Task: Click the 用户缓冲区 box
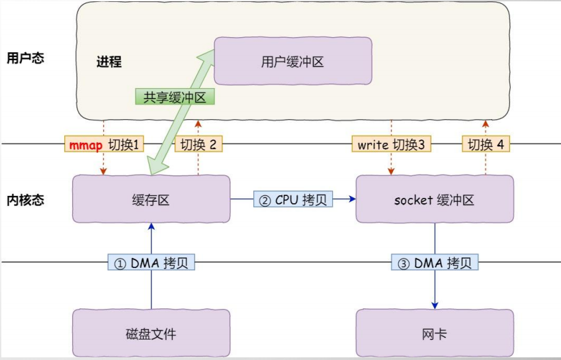(292, 61)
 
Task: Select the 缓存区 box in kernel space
(151, 199)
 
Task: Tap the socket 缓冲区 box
(435, 199)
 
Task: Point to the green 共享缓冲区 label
(175, 97)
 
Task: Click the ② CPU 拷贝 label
(293, 199)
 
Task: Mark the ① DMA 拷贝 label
(151, 263)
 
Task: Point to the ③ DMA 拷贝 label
(435, 263)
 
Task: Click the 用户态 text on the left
(25, 58)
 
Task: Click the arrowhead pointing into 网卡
(435, 304)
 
